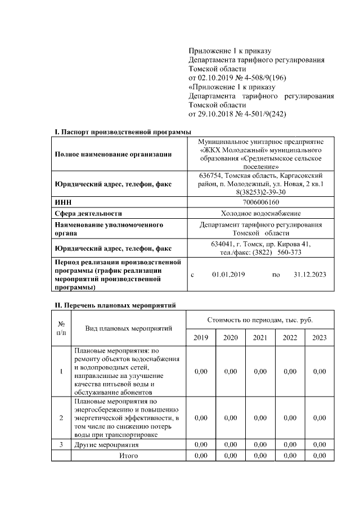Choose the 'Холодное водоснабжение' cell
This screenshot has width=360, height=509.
tap(261, 213)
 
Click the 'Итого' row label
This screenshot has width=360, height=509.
tap(129, 456)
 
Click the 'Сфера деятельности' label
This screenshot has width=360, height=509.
tap(88, 213)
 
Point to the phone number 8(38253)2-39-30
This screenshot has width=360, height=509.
tap(261, 191)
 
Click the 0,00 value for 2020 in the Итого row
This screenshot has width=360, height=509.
tap(230, 456)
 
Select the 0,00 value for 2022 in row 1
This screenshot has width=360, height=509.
tap(290, 371)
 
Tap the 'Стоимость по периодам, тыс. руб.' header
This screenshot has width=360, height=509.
tap(260, 320)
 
